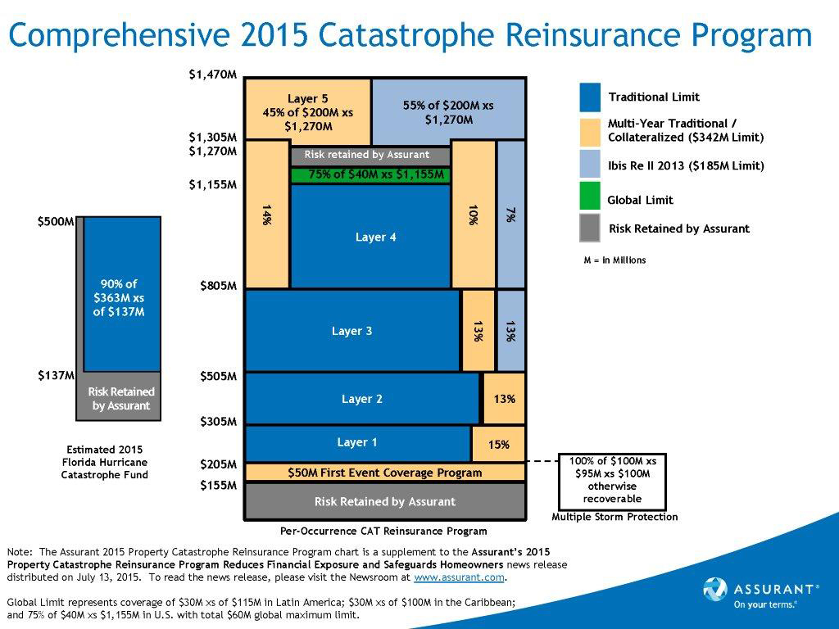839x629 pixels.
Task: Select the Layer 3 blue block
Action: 352,331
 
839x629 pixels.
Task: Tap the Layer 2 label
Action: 362,400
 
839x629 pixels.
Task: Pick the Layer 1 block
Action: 357,443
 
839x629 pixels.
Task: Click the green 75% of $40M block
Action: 370,174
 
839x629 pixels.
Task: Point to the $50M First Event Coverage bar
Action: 384,473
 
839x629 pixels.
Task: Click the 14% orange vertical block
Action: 267,215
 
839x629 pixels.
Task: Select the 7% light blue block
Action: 510,215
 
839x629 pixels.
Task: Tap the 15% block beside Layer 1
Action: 498,445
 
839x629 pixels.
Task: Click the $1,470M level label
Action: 212,75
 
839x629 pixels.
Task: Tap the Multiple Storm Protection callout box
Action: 612,480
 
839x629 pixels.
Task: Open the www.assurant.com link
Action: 459,577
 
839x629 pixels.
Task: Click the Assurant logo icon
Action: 715,590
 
